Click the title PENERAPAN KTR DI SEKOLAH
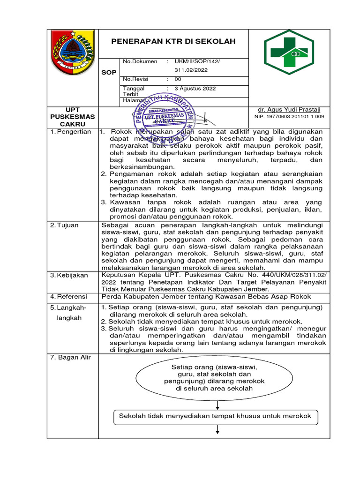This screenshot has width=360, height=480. click(173, 42)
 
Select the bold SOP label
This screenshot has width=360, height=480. click(109, 73)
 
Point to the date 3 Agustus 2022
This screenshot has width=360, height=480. click(195, 88)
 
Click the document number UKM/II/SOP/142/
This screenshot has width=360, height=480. click(197, 61)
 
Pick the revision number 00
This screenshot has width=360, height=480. click(178, 79)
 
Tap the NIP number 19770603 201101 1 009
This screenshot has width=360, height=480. click(289, 116)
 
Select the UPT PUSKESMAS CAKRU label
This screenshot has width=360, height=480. click(73, 117)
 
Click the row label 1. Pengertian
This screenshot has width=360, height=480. click(71, 132)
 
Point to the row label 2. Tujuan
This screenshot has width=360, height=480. click(65, 225)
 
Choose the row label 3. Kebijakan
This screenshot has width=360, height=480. click(69, 275)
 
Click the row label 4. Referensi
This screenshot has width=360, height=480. click(69, 297)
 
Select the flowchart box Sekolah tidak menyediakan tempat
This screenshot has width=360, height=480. click(215, 416)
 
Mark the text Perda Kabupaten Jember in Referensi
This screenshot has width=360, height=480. click(141, 297)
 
